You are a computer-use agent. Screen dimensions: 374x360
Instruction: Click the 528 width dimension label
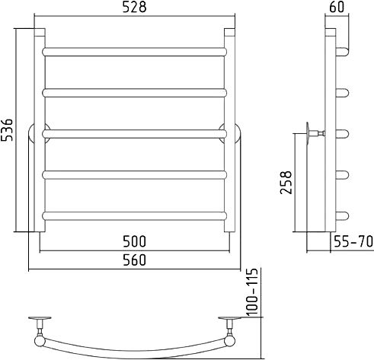pyautogui.click(x=134, y=8)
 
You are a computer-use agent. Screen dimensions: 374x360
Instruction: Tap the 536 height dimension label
pyautogui.click(x=7, y=129)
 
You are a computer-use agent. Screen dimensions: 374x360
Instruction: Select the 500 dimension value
pyautogui.click(x=134, y=241)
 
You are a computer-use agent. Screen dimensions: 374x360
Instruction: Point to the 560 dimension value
pyautogui.click(x=134, y=260)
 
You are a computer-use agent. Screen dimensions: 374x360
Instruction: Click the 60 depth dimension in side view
pyautogui.click(x=337, y=7)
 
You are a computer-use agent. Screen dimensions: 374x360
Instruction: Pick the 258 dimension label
pyautogui.click(x=286, y=183)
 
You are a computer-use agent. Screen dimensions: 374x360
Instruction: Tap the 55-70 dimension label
pyautogui.click(x=353, y=241)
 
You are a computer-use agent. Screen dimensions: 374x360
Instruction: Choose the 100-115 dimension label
pyautogui.click(x=252, y=292)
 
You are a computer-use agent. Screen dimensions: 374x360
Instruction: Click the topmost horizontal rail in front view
pyautogui.click(x=134, y=52)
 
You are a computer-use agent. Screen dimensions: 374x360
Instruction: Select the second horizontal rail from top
pyautogui.click(x=134, y=93)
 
